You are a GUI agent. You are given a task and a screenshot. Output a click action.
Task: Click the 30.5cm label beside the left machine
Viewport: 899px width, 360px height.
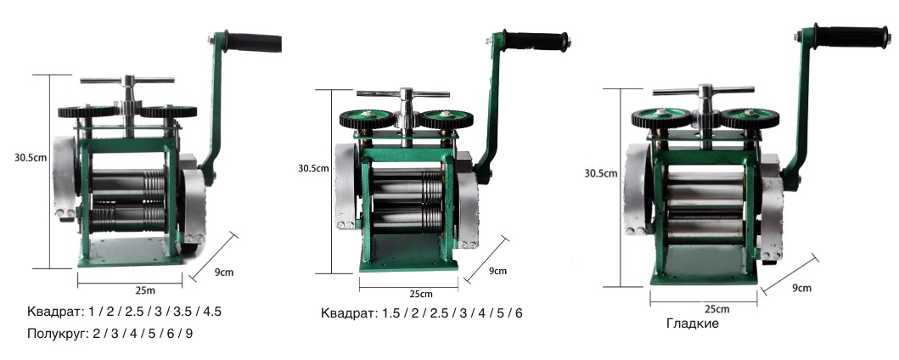coord(31,157)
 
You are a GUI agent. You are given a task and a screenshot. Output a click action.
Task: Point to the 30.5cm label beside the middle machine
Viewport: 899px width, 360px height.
coord(313,168)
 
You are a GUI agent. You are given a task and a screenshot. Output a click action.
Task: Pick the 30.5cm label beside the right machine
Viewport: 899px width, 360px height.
coord(601,172)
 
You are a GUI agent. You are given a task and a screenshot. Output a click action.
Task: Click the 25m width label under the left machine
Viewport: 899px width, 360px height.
coord(144,290)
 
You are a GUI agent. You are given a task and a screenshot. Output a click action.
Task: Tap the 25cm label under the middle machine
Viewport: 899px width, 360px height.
coord(421,294)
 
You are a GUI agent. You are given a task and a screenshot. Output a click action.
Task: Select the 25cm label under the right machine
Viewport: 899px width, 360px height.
coord(717,309)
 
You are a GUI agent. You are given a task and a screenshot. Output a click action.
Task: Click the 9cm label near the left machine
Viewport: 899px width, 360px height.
coord(224,272)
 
